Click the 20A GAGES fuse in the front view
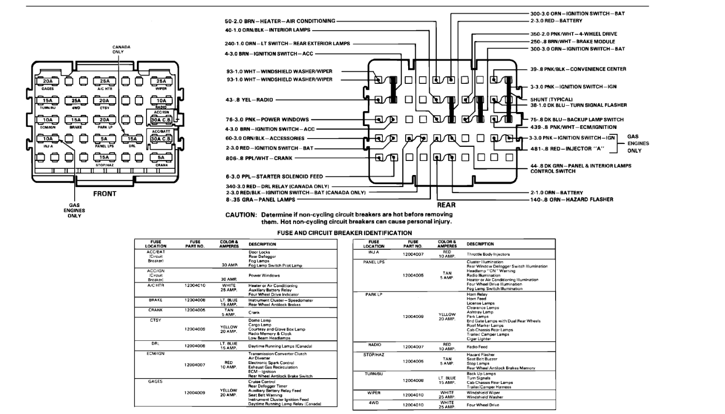coord(48,81)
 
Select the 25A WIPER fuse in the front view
coord(161,81)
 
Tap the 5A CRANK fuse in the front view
coord(161,158)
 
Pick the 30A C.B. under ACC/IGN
coord(161,120)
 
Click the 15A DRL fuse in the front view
coord(132,139)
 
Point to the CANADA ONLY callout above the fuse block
coord(121,49)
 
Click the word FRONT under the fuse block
coord(105,194)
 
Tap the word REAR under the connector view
coord(446,205)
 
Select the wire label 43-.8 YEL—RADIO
coord(250,100)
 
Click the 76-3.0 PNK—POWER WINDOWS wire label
coord(267,119)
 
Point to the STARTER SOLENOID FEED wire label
coord(274,176)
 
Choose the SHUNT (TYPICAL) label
coord(551,99)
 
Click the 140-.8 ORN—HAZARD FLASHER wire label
coord(572,199)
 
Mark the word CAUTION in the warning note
coord(241,215)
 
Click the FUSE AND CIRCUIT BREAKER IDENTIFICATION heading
coord(345,233)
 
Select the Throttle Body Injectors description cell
coord(488,254)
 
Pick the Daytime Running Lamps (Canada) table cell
coord(280,346)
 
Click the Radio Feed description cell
coord(477,347)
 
